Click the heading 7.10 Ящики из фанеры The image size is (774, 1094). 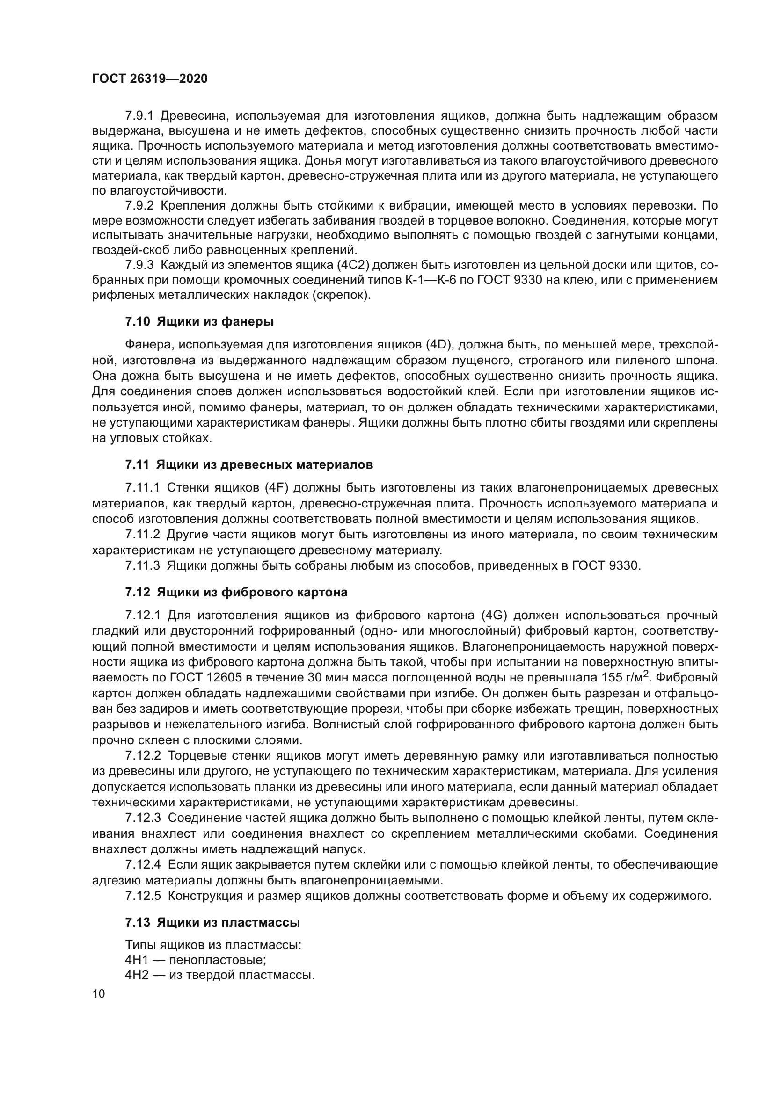[199, 322]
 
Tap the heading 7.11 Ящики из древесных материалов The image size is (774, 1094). [249, 464]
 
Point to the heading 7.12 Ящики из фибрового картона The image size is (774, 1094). [236, 592]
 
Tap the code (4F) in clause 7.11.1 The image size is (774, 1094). [278, 488]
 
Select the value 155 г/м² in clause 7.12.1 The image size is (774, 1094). [625, 677]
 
